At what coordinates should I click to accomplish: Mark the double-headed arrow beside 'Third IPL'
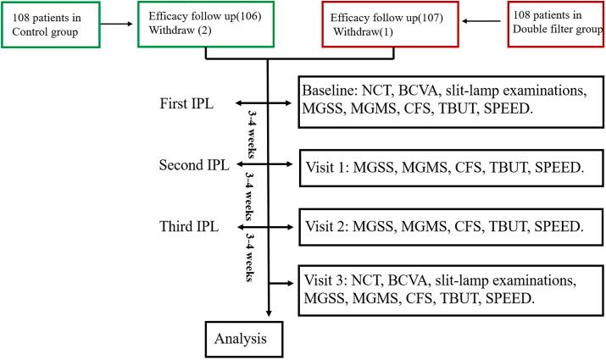click(x=264, y=226)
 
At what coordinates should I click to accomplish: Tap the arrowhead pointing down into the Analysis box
click(x=269, y=317)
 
